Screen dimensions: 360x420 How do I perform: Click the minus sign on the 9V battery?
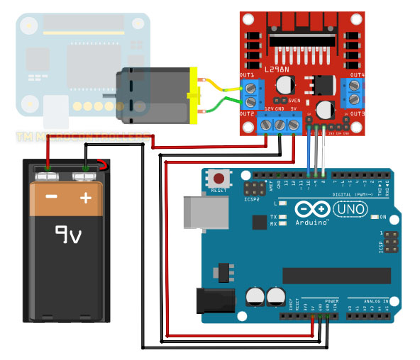pos(51,197)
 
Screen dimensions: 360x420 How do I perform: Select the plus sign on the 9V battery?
pos(86,197)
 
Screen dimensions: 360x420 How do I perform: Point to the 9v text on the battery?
pos(70,233)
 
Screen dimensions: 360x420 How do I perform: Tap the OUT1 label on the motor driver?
pos(248,75)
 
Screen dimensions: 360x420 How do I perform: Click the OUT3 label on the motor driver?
pos(357,113)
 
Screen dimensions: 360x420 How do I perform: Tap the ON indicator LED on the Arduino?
pos(375,217)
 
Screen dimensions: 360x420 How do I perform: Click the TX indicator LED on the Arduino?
pos(283,216)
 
